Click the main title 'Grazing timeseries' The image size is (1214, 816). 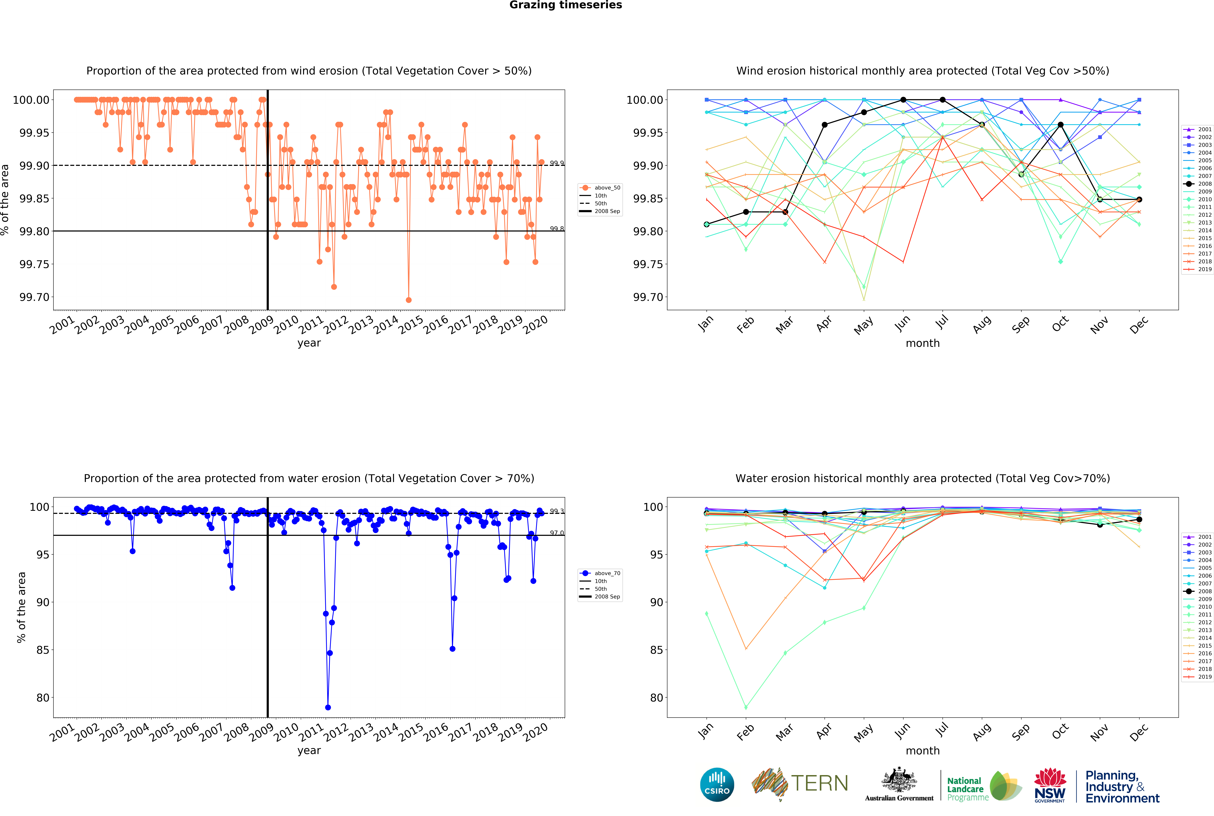click(x=565, y=5)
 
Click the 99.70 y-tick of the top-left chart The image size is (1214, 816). click(x=34, y=297)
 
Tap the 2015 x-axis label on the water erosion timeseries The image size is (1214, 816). click(x=411, y=732)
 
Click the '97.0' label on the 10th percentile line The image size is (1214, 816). click(x=557, y=533)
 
